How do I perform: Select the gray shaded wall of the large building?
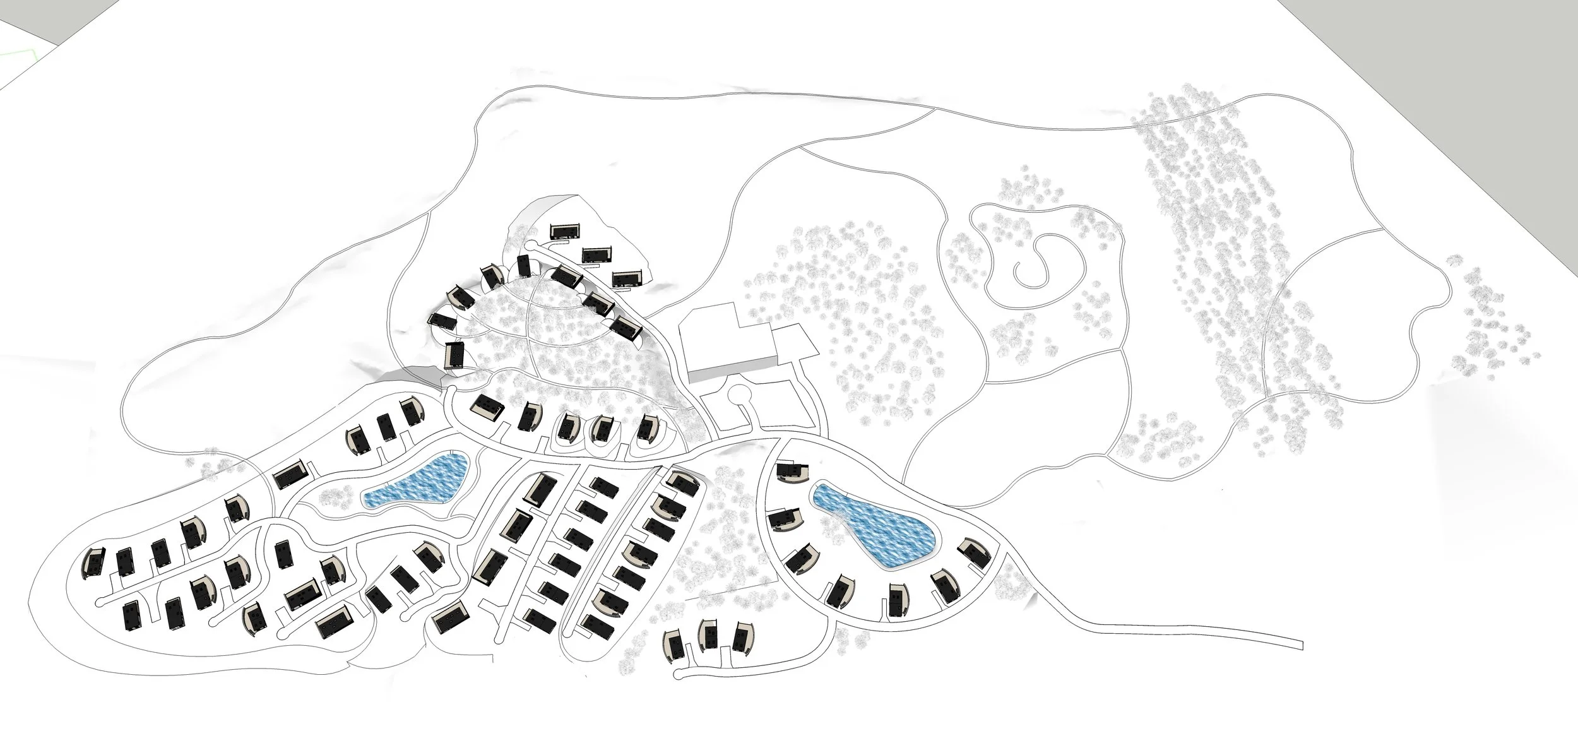coord(732,371)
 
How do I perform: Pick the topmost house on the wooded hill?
coord(565,231)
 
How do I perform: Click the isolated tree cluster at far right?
coord(1496,322)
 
